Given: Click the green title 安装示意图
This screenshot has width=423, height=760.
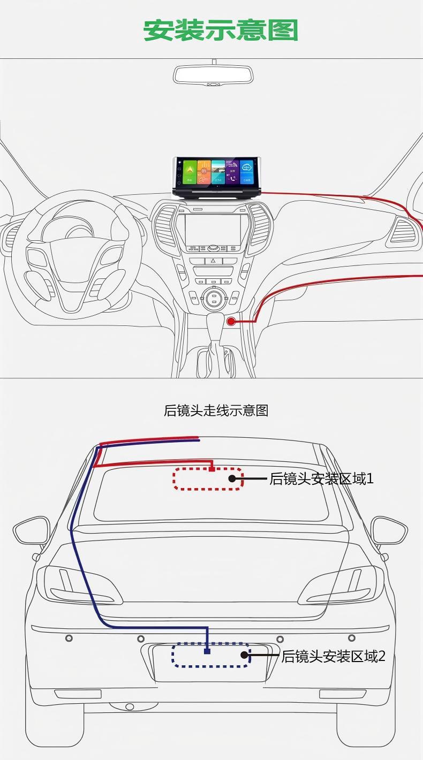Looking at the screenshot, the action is [x=220, y=31].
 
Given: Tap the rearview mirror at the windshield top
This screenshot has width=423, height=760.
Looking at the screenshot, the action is [x=213, y=75].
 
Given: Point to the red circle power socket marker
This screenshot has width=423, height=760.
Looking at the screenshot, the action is [x=231, y=321].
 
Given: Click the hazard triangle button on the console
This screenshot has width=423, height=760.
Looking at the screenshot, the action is [x=213, y=261].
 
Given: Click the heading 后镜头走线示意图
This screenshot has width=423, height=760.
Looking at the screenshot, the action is [x=216, y=411].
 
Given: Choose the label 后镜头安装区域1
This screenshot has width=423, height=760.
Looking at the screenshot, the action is [x=321, y=478].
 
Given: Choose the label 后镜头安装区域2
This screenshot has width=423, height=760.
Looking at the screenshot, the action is [x=333, y=656].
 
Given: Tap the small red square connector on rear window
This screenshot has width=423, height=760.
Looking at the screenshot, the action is [x=212, y=469].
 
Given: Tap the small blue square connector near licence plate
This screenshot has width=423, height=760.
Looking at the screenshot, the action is [x=207, y=651].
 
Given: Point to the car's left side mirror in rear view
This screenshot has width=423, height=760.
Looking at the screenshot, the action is [x=31, y=530].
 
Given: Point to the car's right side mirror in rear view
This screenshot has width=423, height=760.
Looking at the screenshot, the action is [x=389, y=530].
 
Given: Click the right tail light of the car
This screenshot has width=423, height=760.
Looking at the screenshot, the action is [x=343, y=584].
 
